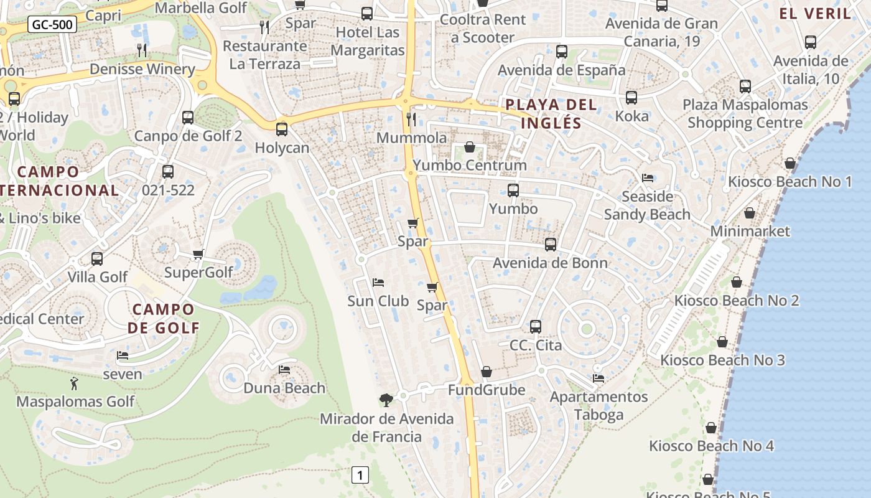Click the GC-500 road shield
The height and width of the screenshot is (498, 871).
click(53, 25)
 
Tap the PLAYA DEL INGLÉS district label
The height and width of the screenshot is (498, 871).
click(551, 113)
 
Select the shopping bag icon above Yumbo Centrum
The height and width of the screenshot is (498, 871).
click(470, 147)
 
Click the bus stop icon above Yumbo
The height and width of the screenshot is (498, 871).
click(513, 190)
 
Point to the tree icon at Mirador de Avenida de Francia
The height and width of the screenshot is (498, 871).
click(386, 400)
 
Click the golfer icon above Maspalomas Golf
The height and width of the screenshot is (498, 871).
click(75, 383)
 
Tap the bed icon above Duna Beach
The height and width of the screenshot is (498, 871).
click(284, 370)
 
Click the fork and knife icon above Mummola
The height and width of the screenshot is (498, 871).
click(411, 119)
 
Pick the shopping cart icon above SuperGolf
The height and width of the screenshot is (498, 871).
click(198, 254)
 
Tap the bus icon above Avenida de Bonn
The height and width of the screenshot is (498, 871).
click(551, 245)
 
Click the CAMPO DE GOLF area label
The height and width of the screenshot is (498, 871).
click(164, 318)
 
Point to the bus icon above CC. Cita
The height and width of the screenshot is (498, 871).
click(536, 327)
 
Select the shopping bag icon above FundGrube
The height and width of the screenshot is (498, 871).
click(487, 372)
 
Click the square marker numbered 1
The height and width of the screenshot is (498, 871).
click(360, 475)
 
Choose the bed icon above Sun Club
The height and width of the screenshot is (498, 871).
click(378, 283)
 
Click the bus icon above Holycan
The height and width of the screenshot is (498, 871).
click(282, 129)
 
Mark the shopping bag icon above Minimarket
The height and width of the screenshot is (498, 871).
click(750, 213)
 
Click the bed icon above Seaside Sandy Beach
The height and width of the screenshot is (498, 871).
click(648, 178)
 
